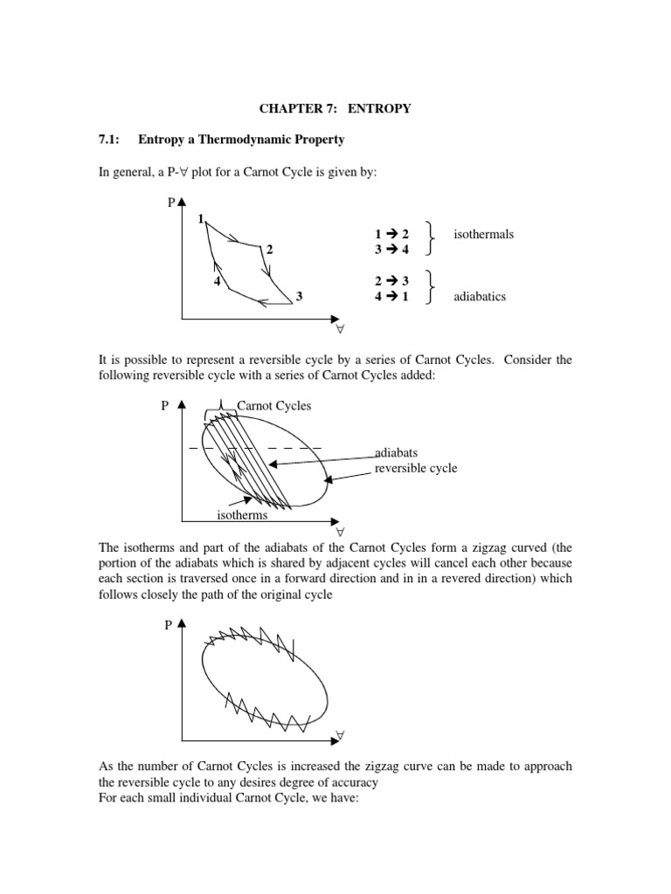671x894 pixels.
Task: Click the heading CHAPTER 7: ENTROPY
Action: [335, 109]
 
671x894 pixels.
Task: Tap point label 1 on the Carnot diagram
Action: [201, 218]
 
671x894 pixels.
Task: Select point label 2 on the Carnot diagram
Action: [270, 250]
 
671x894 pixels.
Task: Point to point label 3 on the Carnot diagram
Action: [299, 297]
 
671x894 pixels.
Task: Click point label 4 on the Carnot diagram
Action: [216, 281]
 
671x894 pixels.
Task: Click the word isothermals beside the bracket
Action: [483, 234]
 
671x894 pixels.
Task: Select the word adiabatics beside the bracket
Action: [480, 297]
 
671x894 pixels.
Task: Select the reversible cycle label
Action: [416, 468]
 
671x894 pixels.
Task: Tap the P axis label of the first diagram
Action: [171, 203]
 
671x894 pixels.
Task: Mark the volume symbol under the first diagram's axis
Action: [341, 330]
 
